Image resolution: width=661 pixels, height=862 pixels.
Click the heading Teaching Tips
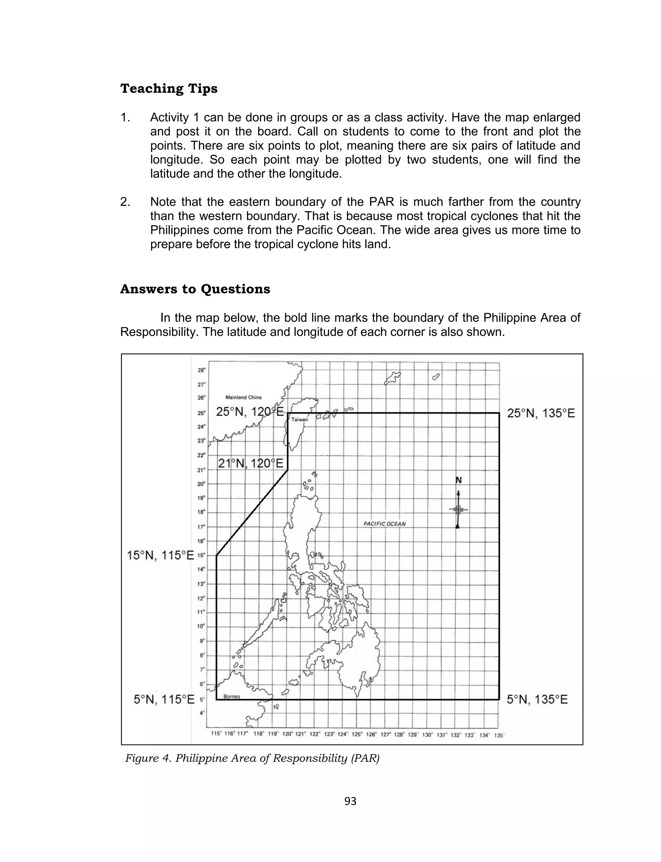coord(169,88)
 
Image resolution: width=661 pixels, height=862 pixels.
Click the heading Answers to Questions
coord(195,289)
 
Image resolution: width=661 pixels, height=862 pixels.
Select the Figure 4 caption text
coord(252,758)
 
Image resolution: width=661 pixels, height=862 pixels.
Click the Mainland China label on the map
coord(243,397)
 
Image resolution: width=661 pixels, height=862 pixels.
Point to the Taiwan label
coord(300,420)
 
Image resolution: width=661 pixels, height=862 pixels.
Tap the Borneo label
coord(231,696)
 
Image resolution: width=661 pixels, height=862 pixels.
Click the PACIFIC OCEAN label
coord(384,524)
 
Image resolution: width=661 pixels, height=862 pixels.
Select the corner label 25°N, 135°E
coord(541,413)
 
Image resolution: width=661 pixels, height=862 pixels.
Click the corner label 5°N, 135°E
coord(537,700)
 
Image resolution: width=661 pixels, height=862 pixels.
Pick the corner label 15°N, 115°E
coord(160,556)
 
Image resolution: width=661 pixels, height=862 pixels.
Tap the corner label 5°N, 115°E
coord(164,700)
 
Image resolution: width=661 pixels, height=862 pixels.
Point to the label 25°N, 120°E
coord(250,412)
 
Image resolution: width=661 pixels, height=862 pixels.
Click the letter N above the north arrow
coord(458,480)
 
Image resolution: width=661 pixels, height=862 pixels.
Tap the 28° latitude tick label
coord(201,370)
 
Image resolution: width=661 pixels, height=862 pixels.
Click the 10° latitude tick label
coord(201,626)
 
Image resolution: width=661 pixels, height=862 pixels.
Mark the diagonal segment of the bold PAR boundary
coord(252,513)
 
